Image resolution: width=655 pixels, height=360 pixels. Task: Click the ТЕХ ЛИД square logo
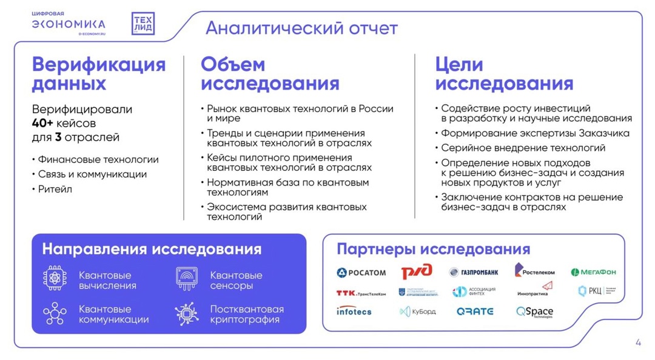point(143,24)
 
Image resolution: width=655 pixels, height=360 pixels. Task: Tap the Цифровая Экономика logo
point(69,23)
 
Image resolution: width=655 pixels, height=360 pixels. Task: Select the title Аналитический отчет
point(301,28)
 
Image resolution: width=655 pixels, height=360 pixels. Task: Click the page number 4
point(638,342)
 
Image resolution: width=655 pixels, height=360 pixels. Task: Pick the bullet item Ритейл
point(55,189)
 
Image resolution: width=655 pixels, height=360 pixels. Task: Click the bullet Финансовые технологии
point(98,159)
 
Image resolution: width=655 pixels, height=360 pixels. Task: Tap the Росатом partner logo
point(361,272)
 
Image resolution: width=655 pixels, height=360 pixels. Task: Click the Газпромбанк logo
point(474,272)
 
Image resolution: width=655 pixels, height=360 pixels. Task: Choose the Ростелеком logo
point(534,270)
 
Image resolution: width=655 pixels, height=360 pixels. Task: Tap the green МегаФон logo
point(593,272)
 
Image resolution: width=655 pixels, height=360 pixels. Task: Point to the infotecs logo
point(354,311)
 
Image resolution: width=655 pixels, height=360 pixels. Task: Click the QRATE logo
point(475,312)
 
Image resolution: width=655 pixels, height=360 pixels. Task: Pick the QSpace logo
point(534,312)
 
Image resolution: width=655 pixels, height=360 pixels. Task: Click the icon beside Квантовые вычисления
point(55,278)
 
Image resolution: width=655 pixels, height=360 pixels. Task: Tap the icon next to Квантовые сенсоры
point(187,278)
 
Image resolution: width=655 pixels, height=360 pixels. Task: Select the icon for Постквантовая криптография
point(187,314)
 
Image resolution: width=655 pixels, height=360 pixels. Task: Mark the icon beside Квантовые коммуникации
point(55,314)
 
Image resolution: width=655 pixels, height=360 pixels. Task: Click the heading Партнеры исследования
point(433,249)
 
